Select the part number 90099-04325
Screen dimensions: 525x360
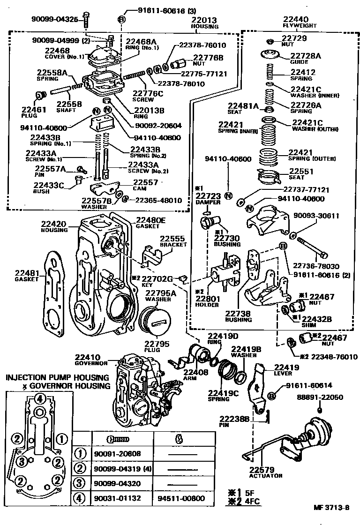(54, 19)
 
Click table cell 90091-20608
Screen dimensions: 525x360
(117, 454)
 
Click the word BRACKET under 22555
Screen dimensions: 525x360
(173, 245)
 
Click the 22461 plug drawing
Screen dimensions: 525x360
(40, 96)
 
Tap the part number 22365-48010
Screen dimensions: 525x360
(158, 200)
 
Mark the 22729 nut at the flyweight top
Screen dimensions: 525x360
(270, 41)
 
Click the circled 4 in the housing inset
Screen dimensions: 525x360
(39, 399)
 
